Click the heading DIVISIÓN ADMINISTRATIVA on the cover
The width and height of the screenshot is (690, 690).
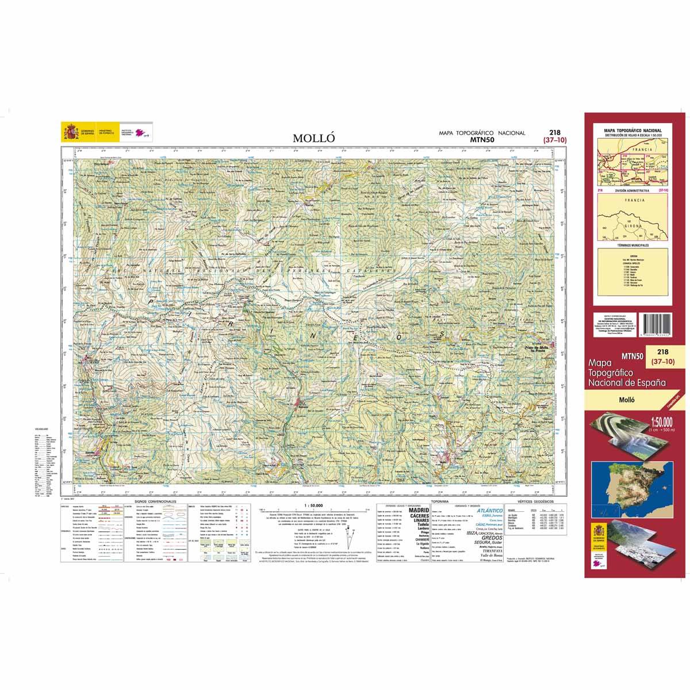click(x=632, y=190)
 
